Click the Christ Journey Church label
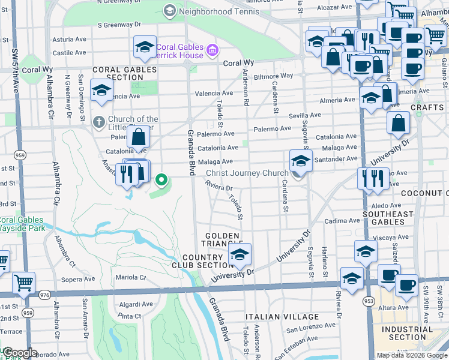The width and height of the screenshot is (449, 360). pos(247,173)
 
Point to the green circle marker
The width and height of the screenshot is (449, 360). pos(161,179)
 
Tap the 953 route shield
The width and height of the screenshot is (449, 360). pos(368,300)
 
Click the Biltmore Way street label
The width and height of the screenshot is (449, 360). pos(273,76)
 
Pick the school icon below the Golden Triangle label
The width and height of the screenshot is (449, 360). pos(239,256)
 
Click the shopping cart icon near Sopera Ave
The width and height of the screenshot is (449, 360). pos(23,282)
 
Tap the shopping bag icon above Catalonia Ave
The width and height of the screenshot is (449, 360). pos(138,137)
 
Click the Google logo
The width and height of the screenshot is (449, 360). pos(20,353)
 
